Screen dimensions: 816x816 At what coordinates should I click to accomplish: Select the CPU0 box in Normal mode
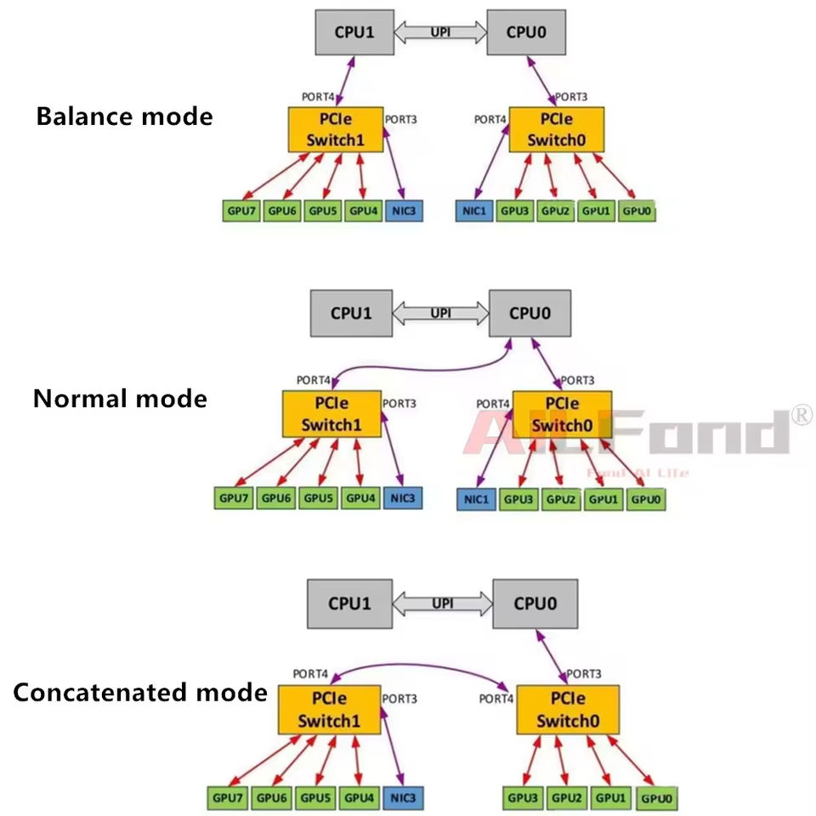click(530, 313)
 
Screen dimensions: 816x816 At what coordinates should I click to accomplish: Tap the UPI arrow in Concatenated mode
click(442, 604)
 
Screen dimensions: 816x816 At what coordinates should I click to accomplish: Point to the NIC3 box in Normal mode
click(402, 498)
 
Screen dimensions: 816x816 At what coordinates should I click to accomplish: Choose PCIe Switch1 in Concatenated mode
click(329, 711)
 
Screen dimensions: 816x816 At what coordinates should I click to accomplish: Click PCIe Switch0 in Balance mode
click(556, 129)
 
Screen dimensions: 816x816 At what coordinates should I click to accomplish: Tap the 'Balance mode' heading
click(124, 116)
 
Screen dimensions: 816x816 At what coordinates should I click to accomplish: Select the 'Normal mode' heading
click(120, 398)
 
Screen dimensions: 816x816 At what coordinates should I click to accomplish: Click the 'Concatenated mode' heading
click(140, 693)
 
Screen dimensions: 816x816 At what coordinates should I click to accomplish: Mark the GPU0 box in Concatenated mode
click(658, 799)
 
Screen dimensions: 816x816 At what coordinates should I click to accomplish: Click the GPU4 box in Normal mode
click(360, 498)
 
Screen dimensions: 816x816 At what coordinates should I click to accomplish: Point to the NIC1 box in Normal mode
click(477, 499)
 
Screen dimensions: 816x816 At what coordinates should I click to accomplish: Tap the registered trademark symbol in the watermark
click(802, 415)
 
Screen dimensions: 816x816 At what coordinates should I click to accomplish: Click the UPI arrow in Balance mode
click(440, 33)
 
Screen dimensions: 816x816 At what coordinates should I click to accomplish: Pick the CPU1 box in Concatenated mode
click(349, 604)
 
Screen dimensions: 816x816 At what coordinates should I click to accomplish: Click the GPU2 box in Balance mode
click(556, 210)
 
